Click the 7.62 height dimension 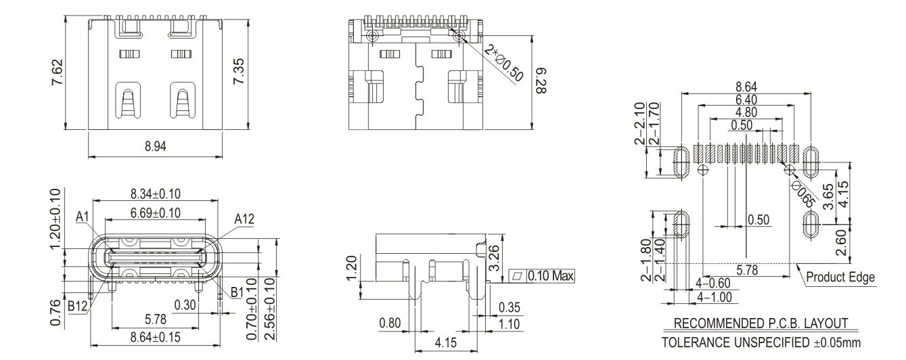(58, 72)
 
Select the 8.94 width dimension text (156, 145)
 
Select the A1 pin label (83, 217)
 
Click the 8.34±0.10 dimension (156, 194)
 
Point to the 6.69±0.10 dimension (156, 213)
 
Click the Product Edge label (840, 277)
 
